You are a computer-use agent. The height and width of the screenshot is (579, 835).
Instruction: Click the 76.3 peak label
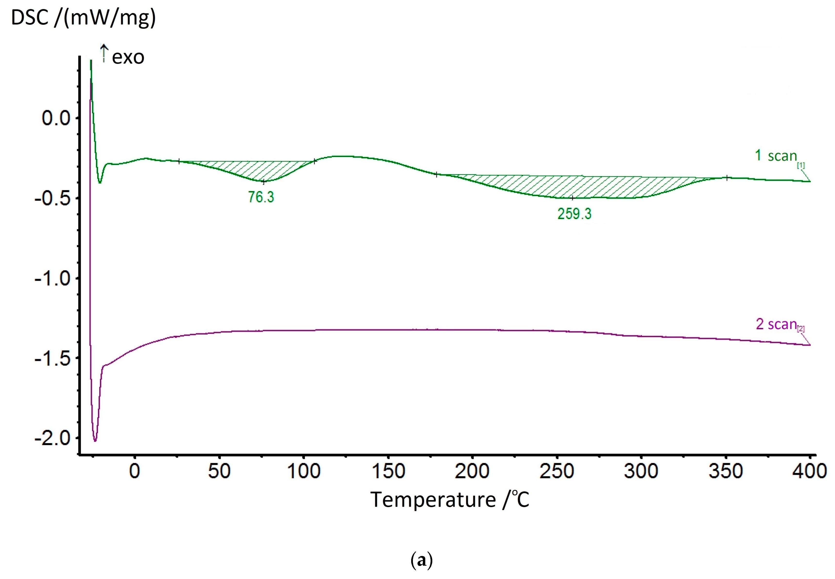[261, 197]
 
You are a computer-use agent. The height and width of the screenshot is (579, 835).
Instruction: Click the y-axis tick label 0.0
[56, 118]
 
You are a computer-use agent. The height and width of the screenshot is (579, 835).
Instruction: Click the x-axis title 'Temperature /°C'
[450, 500]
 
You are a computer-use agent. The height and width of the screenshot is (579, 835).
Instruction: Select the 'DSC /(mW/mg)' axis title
[83, 17]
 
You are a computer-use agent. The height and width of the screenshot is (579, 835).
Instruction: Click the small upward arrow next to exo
[104, 53]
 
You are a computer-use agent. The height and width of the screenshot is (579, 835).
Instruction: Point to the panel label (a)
[421, 561]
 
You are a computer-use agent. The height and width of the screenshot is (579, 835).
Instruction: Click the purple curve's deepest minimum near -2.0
[95, 441]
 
